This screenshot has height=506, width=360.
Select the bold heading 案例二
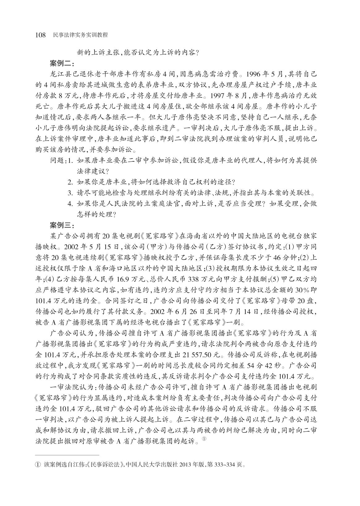point(61,64)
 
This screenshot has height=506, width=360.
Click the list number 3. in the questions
point(70,194)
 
